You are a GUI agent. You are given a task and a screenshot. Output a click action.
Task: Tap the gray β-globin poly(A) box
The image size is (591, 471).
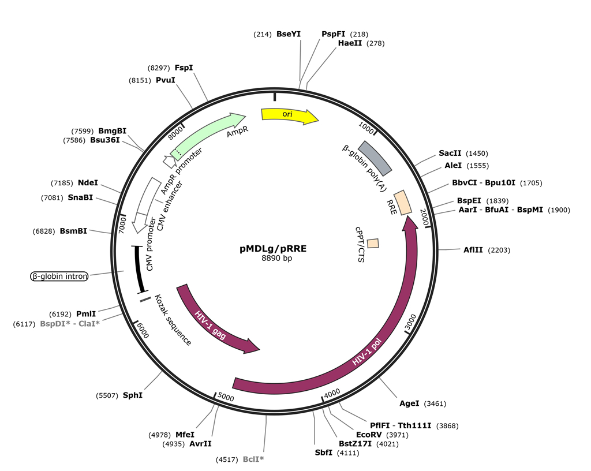tap(376, 157)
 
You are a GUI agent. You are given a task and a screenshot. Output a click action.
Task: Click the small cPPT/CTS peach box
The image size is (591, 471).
tap(373, 244)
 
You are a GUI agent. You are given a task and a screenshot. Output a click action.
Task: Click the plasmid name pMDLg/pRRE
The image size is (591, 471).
tap(273, 249)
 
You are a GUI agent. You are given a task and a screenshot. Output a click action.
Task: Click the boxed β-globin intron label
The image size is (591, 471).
tap(59, 276)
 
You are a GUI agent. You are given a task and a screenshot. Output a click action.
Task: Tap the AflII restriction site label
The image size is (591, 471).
tap(473, 250)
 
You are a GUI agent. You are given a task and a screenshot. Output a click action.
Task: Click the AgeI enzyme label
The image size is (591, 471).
tap(409, 403)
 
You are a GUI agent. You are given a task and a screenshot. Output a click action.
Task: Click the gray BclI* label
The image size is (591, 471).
tap(253, 459)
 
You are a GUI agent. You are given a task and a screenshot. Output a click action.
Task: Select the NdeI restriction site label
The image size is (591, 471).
tap(88, 183)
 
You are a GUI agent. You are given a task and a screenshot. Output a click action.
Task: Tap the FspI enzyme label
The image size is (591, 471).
tap(184, 68)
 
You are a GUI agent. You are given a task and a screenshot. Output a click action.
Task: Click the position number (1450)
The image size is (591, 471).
tap(477, 153)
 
